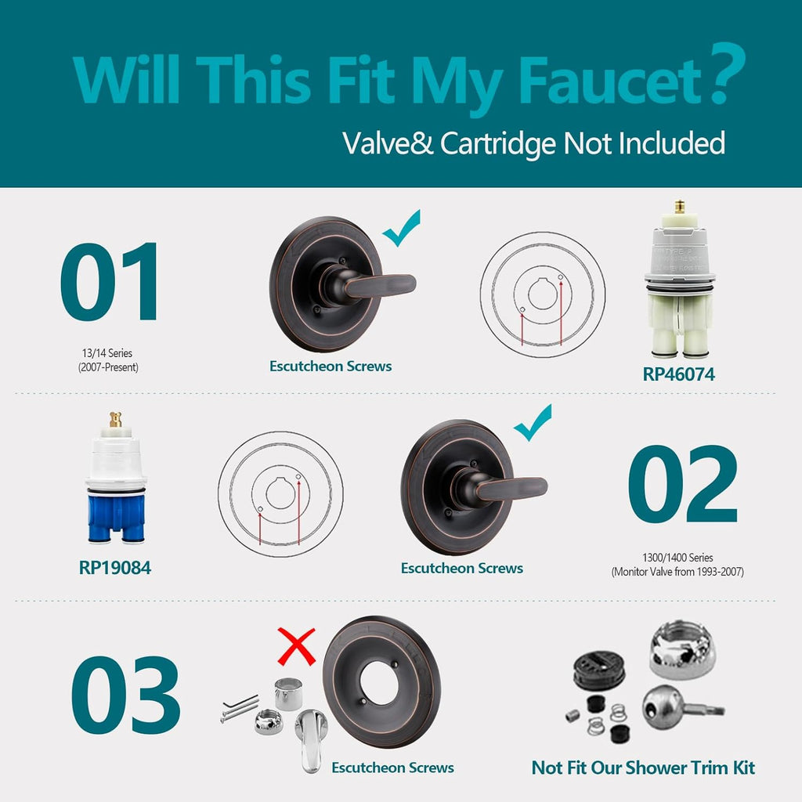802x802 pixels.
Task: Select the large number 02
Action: tap(682, 483)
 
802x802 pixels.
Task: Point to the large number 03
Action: tap(126, 694)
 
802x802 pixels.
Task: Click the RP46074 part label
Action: tap(678, 374)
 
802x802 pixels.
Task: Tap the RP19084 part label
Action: tap(115, 568)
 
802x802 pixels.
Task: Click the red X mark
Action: tap(296, 646)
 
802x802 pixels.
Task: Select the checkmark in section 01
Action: tap(402, 228)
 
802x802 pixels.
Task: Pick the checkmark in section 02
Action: tap(533, 422)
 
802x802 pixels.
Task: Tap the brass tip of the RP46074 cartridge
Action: tap(680, 207)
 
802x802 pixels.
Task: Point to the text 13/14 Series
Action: tap(107, 353)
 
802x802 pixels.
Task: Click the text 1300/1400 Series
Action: tap(677, 558)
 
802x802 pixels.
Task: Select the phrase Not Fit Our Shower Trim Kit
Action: tap(644, 768)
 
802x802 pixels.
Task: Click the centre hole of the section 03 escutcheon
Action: tap(379, 683)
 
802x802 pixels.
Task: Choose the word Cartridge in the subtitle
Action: tap(497, 143)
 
